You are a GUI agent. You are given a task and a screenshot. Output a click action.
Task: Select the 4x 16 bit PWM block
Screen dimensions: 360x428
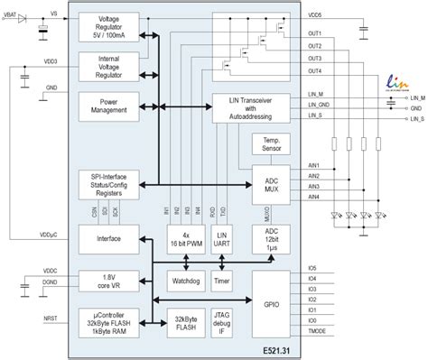tap(185, 238)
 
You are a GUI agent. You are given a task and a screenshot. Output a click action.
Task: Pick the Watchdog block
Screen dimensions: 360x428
tap(185, 280)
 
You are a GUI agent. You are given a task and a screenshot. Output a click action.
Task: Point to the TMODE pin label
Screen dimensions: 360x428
tap(316, 332)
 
